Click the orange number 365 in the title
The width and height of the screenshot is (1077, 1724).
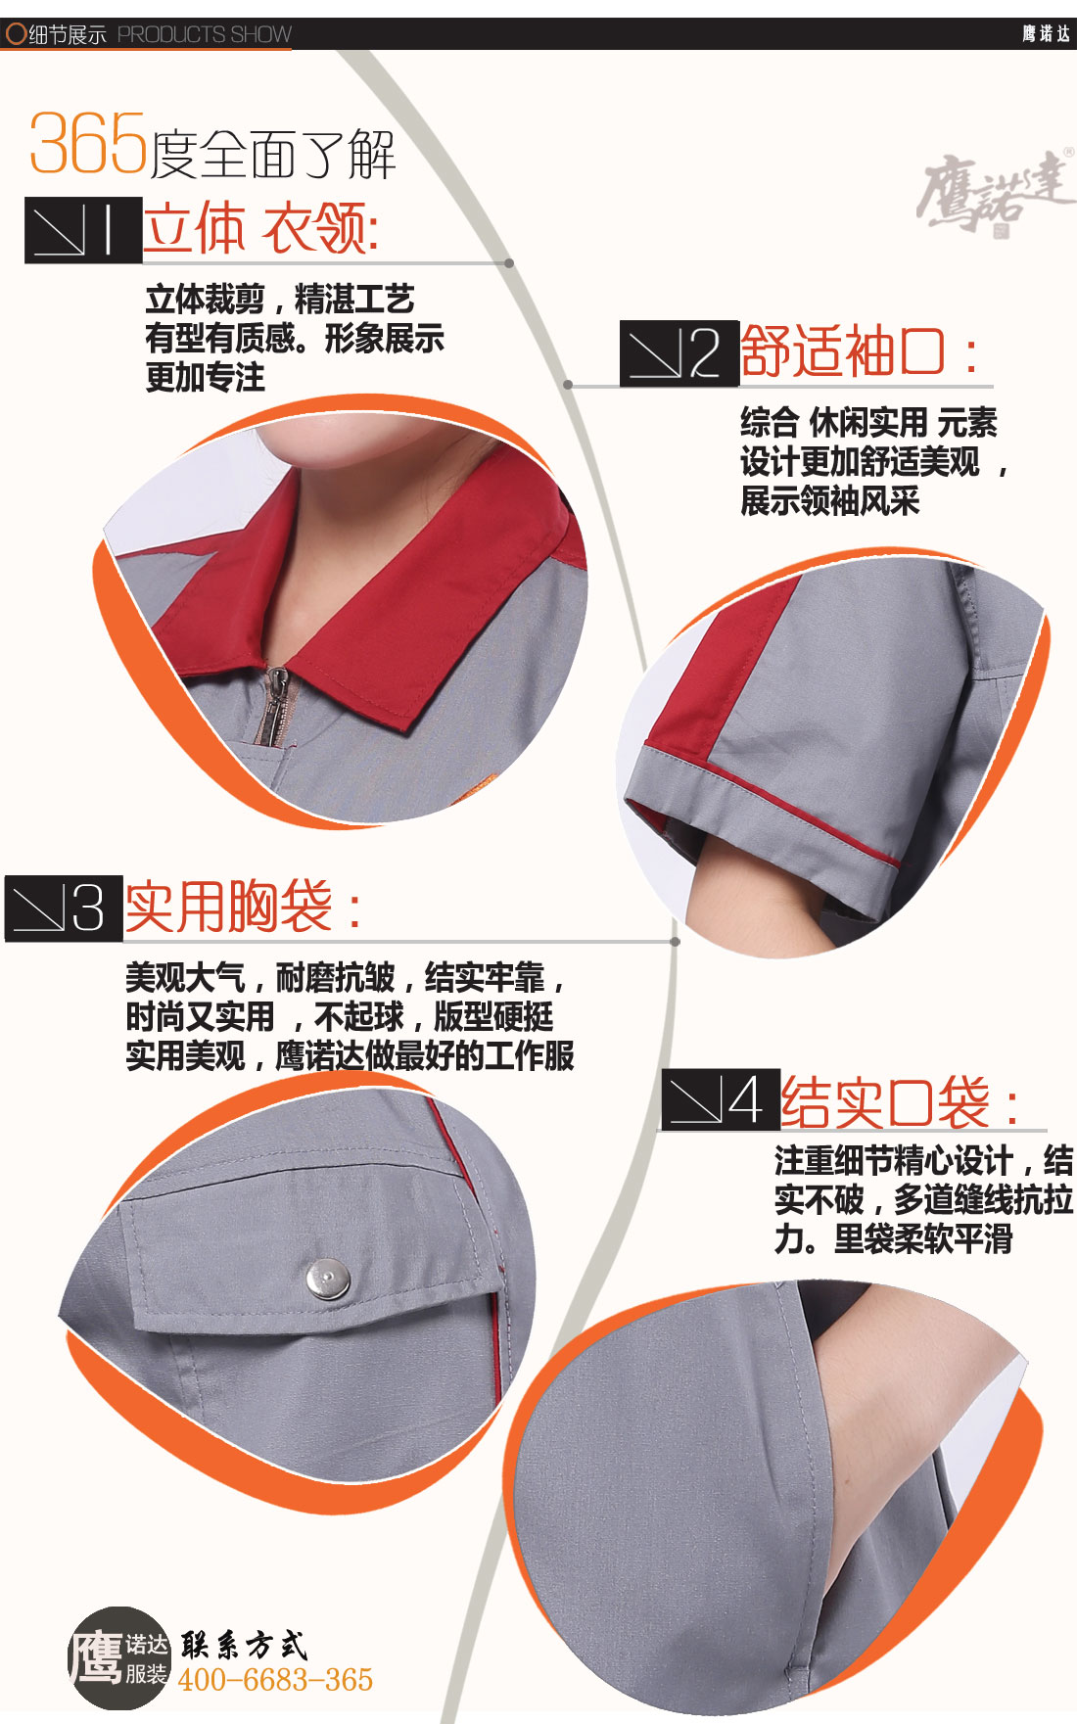coord(88,145)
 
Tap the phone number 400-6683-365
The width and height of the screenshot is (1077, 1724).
coord(275,1680)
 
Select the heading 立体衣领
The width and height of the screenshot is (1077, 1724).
coord(260,229)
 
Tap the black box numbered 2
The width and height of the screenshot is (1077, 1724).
coord(679,353)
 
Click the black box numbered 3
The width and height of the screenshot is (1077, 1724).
coord(64,908)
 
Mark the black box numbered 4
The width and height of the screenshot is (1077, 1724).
coord(721,1100)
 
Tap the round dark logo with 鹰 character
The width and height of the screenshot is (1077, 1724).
coord(118,1658)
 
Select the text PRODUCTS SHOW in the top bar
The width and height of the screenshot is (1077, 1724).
coord(205,35)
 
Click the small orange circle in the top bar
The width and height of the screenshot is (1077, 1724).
coord(16,34)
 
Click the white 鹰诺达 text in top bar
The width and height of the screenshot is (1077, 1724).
coord(1046,34)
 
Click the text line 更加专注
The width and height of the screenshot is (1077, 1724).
coord(205,378)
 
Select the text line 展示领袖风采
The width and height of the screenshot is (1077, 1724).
coord(829,501)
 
